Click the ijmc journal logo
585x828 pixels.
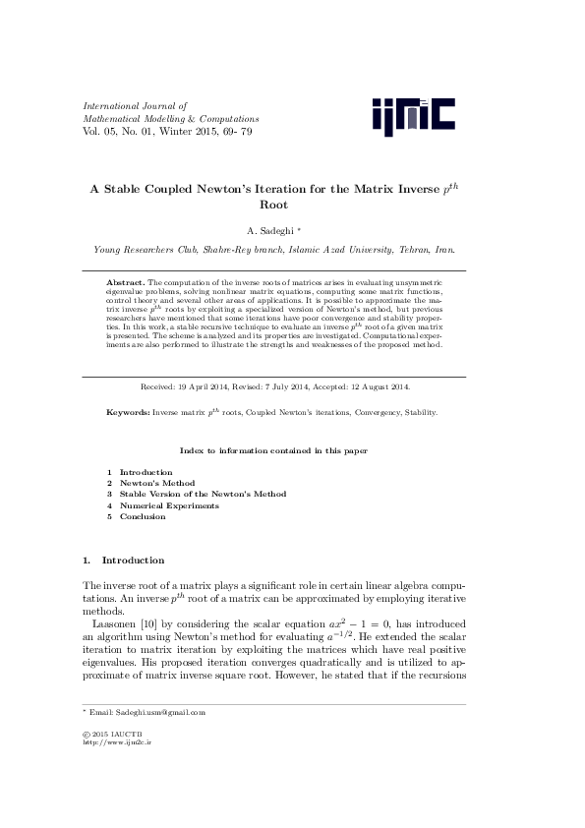413,116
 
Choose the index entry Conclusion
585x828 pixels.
143,516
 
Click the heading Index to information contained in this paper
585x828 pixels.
273,450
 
